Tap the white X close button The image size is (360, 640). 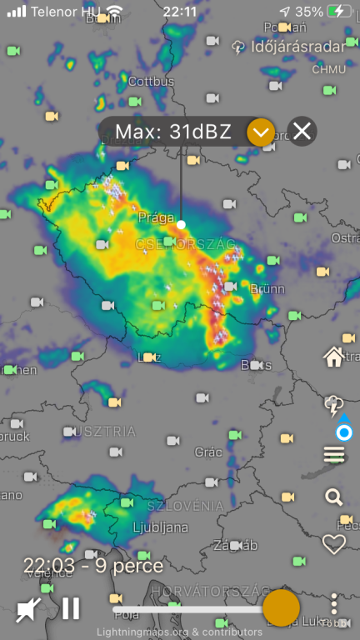pyautogui.click(x=302, y=131)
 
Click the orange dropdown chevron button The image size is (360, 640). pyautogui.click(x=261, y=132)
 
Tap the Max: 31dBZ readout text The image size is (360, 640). pyautogui.click(x=172, y=132)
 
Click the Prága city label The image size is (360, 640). pyautogui.click(x=156, y=217)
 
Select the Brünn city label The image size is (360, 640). pyautogui.click(x=267, y=289)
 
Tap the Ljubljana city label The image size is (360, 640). pyautogui.click(x=160, y=527)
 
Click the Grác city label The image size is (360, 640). pyautogui.click(x=208, y=452)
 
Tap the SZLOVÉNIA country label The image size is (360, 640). pyautogui.click(x=185, y=506)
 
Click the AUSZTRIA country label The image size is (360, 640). pyautogui.click(x=102, y=431)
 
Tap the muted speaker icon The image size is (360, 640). pyautogui.click(x=27, y=609)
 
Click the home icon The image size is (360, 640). pyautogui.click(x=333, y=357)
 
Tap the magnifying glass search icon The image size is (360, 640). pyautogui.click(x=333, y=497)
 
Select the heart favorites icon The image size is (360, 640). pyautogui.click(x=333, y=544)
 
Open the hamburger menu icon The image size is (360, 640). pyautogui.click(x=333, y=454)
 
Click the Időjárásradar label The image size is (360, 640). pyautogui.click(x=297, y=47)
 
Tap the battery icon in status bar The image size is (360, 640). pyautogui.click(x=338, y=12)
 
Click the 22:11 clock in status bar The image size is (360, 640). pyautogui.click(x=180, y=12)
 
